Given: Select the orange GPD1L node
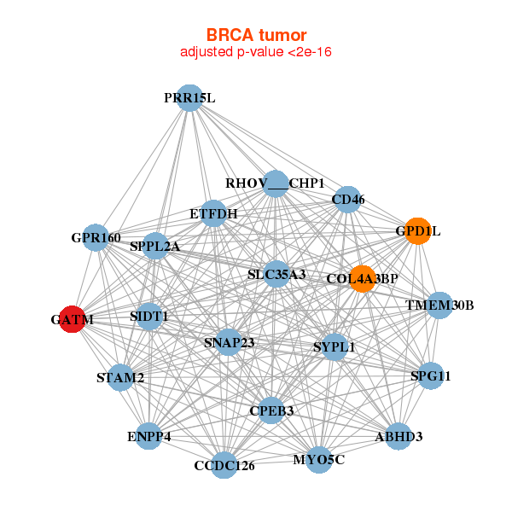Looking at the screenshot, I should coord(417,230).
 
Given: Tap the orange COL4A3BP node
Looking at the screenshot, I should coord(363,278).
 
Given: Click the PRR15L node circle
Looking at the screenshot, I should coord(189,98).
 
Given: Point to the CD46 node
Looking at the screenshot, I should coord(347,200).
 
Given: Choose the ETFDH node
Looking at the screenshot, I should coord(213,212).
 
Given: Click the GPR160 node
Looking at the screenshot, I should coord(96,237).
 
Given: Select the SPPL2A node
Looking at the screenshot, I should coord(155,247).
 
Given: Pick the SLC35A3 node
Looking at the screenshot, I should coord(276,274).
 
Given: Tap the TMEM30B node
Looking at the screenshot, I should coord(439,305).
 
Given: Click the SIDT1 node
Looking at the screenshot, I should coord(149,317).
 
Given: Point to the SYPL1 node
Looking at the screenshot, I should coord(334,346).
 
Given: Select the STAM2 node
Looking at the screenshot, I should coord(120,377).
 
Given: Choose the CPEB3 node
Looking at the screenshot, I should coord(271,410).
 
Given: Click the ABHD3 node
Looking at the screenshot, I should coord(399,437).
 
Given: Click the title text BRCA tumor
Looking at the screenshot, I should coord(256,35).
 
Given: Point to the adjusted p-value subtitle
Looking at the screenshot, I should coord(256,52).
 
